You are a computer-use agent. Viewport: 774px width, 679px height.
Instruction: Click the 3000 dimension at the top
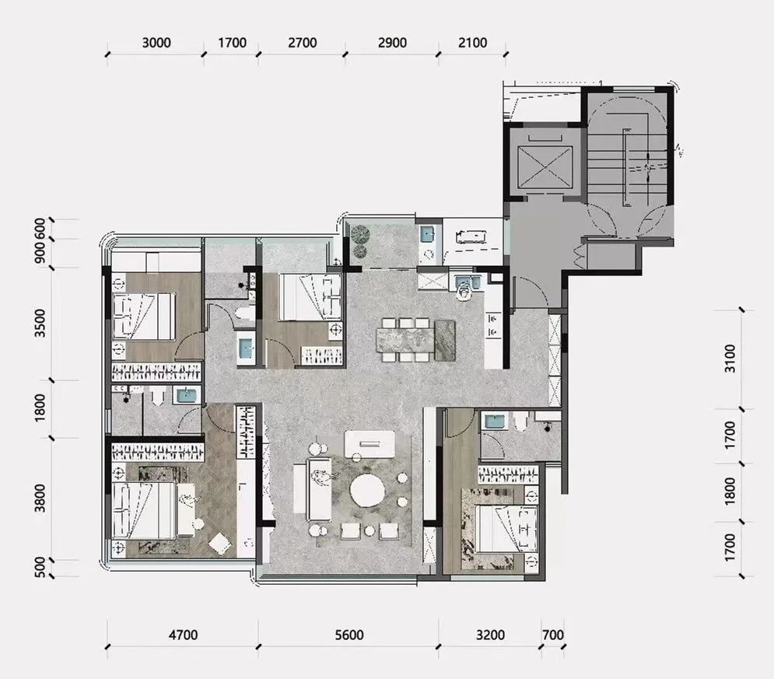pos(156,43)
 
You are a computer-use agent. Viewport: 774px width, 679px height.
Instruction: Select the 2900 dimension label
pos(392,43)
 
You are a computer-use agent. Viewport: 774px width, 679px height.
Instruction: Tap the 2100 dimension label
pos(472,43)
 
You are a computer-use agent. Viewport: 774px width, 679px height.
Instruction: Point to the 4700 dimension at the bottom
pos(183,635)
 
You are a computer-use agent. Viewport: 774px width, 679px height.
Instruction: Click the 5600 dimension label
pos(349,635)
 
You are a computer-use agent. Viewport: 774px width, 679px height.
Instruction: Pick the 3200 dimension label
pos(490,635)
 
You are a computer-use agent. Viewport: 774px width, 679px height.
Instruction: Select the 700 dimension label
pos(552,635)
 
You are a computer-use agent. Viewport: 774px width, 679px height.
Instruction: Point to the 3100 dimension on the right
pos(730,359)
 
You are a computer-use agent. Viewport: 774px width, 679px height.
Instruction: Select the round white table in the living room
pos(367,489)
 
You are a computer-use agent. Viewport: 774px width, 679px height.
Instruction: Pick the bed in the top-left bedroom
pos(143,317)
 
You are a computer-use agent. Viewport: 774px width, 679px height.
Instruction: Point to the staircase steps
pos(627,168)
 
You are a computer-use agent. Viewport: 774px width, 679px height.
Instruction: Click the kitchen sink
pos(464,283)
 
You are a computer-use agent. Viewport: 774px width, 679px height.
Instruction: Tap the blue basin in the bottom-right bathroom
pos(495,422)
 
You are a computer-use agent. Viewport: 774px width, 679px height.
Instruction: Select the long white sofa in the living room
pos(318,488)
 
